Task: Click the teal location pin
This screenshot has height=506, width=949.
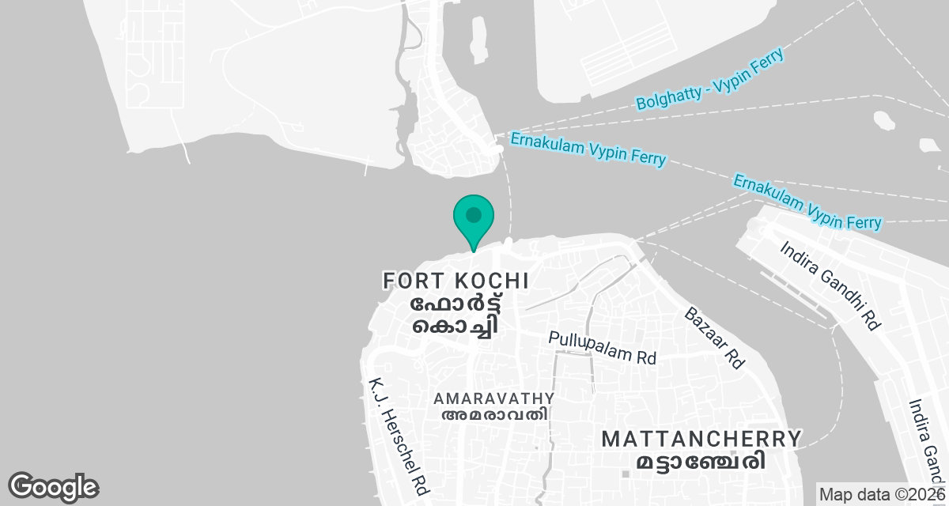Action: tap(474, 221)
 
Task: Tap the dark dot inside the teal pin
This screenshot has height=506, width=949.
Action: tap(474, 214)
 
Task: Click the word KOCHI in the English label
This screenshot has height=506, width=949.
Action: tap(492, 281)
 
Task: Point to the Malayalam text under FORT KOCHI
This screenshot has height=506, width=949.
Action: tap(455, 316)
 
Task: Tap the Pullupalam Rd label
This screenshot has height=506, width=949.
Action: tap(603, 348)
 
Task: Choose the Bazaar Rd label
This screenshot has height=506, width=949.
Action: tap(715, 338)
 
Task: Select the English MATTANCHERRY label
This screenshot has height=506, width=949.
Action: tap(701, 439)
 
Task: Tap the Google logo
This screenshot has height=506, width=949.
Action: tap(53, 486)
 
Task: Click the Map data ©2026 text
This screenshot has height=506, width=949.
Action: tap(881, 495)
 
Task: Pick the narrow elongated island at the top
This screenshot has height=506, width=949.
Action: tap(478, 38)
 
